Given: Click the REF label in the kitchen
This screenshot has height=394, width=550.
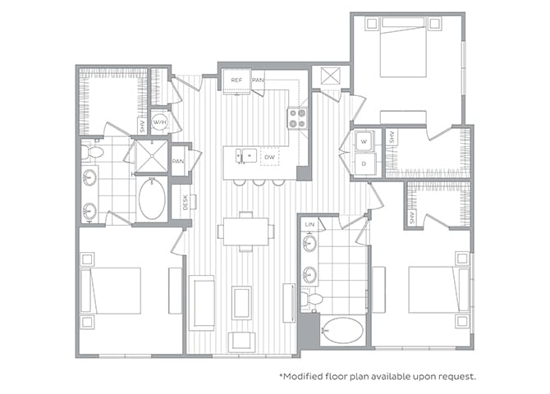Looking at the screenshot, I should tap(236, 80).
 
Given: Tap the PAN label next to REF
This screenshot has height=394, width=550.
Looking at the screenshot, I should tap(258, 80).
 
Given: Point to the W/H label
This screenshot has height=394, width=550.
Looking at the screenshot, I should tap(159, 122).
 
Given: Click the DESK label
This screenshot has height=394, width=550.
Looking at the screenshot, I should tap(185, 202).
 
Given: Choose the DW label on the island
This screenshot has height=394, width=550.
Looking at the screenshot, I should tap(269, 155).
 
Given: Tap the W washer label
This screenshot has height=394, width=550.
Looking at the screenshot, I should tap(364, 141).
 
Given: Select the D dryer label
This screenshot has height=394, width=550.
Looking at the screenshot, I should tap(364, 163).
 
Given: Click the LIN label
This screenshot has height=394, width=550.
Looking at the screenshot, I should tap(309, 224).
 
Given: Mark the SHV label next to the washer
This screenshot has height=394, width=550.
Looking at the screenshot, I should tap(392, 138).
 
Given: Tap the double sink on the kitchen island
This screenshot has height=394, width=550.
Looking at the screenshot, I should tap(244, 154).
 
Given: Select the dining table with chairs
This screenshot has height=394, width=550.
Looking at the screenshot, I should tap(247, 231).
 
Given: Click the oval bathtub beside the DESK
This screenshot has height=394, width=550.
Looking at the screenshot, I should tap(151, 199).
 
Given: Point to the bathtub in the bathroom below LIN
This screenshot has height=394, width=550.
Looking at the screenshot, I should tap(341, 330).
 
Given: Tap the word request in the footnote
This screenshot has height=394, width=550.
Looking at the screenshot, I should tap(454, 377).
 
